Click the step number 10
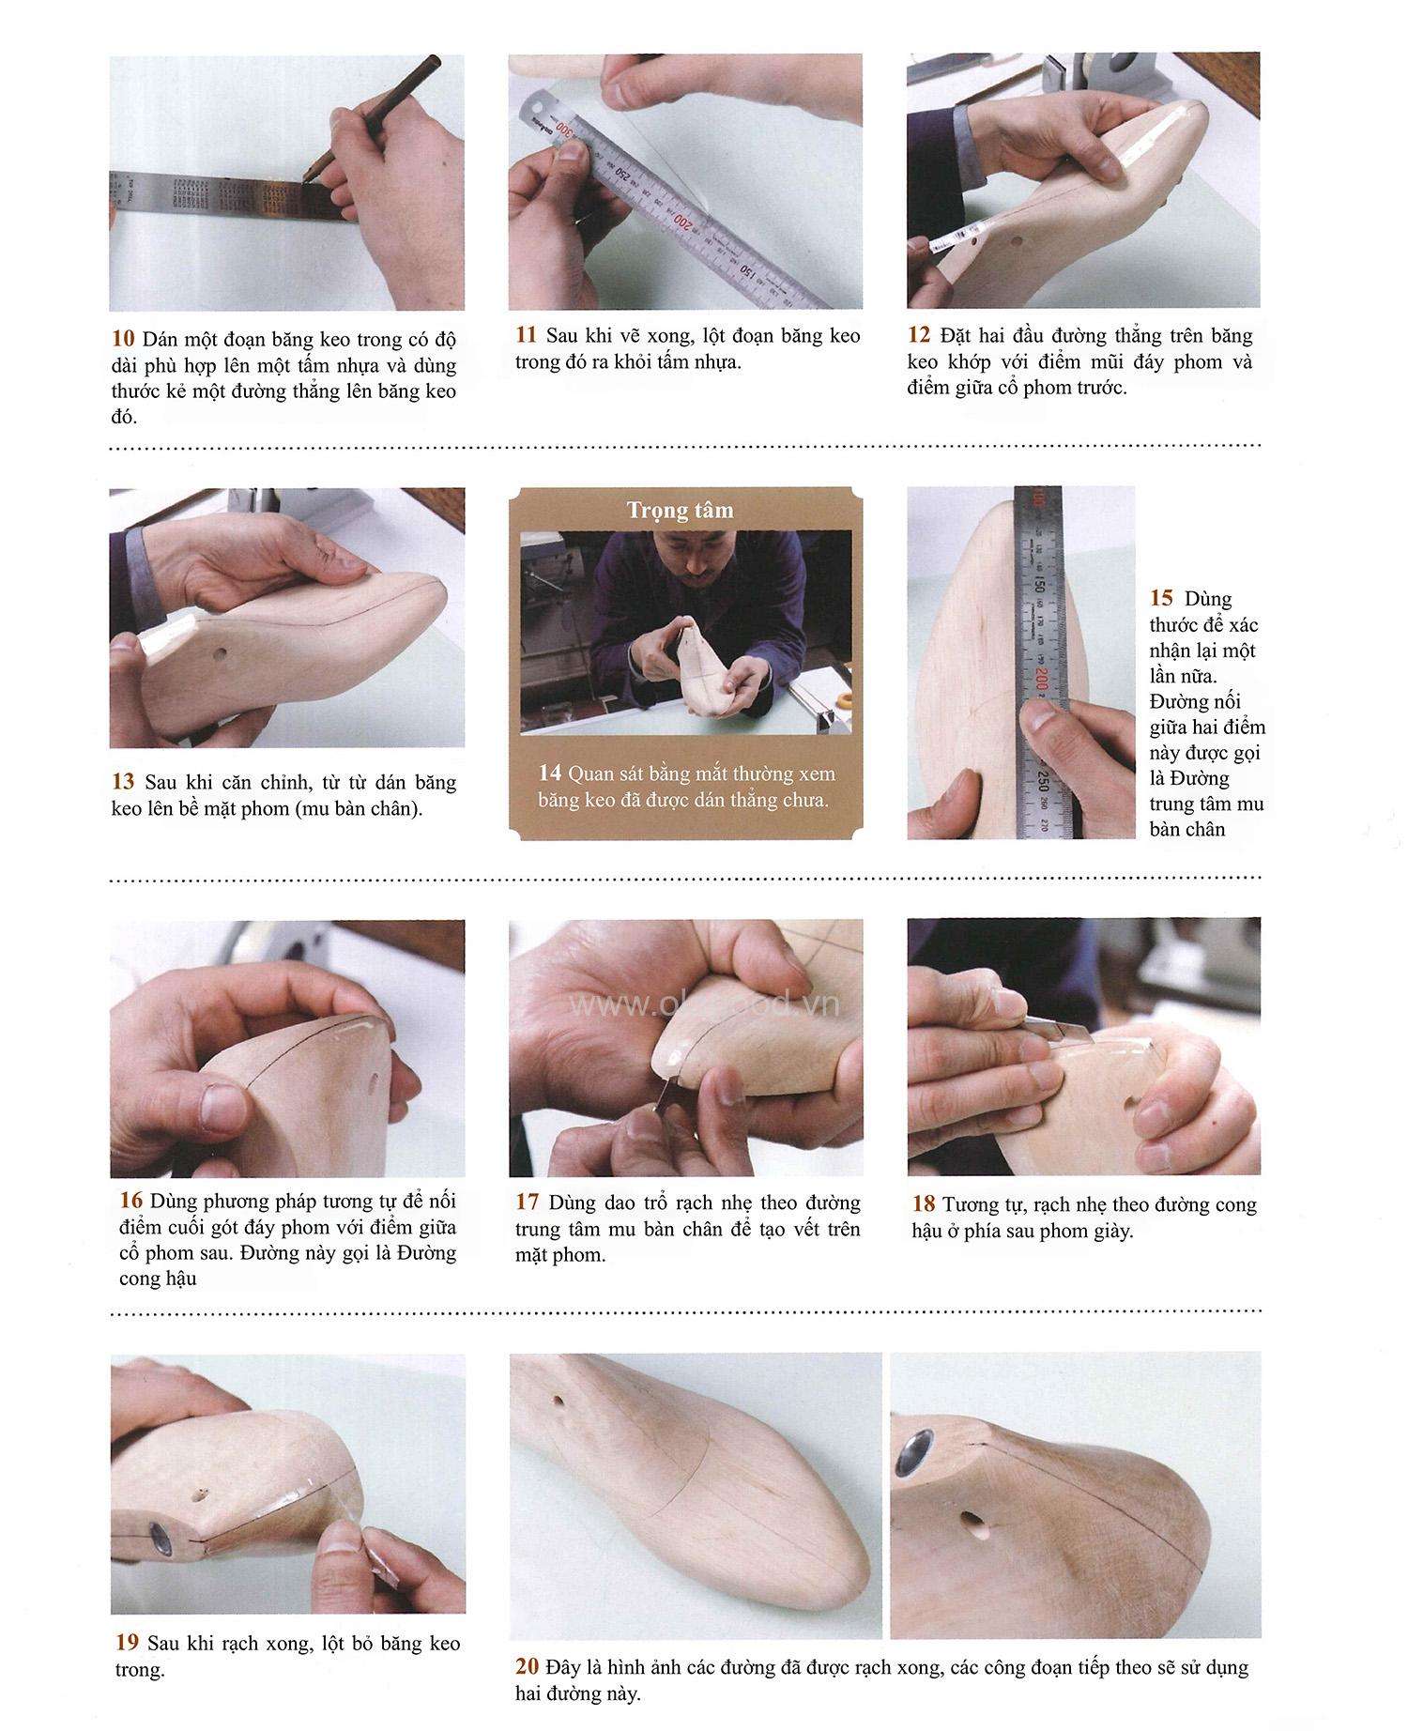click(x=123, y=339)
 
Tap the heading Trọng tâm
click(x=680, y=510)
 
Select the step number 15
click(x=1161, y=598)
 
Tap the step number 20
click(x=527, y=1667)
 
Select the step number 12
click(x=919, y=335)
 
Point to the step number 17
click(x=527, y=1203)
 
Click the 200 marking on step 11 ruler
click(x=678, y=222)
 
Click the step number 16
click(x=130, y=1201)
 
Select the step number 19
click(x=127, y=1643)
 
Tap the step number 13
click(x=123, y=782)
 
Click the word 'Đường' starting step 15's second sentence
click(x=1174, y=701)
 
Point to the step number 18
click(x=924, y=1204)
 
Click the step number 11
click(x=526, y=335)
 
